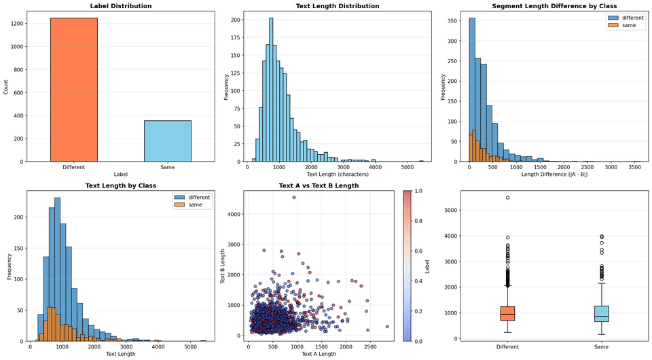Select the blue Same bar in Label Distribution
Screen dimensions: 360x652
pos(167,141)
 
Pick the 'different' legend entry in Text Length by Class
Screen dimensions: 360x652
pos(197,197)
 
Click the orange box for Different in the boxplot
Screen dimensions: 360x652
pos(507,313)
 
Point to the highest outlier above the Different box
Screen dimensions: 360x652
pos(507,198)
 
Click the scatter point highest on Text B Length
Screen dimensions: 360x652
pos(294,198)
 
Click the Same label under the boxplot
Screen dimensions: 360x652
pos(601,347)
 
